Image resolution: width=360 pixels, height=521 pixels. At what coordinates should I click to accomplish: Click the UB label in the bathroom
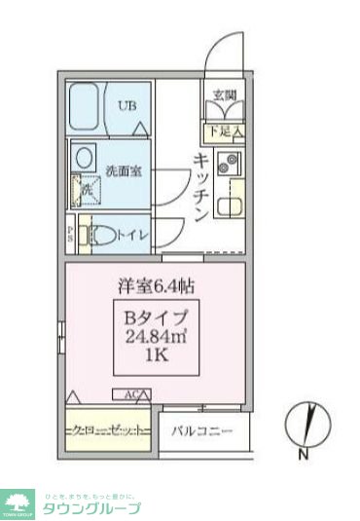coord(126,107)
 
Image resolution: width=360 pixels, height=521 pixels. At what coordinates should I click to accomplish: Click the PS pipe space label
coord(71,234)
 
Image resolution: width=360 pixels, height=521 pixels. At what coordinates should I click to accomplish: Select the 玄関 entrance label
coord(226,94)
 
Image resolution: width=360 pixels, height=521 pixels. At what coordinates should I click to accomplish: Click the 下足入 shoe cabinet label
coord(226,129)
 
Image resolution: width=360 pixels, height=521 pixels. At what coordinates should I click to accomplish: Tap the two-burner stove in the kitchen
coord(231,164)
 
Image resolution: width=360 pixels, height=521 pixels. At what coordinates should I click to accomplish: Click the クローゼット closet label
coord(107,429)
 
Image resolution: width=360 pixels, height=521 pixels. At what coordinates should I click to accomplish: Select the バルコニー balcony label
coord(201,429)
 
